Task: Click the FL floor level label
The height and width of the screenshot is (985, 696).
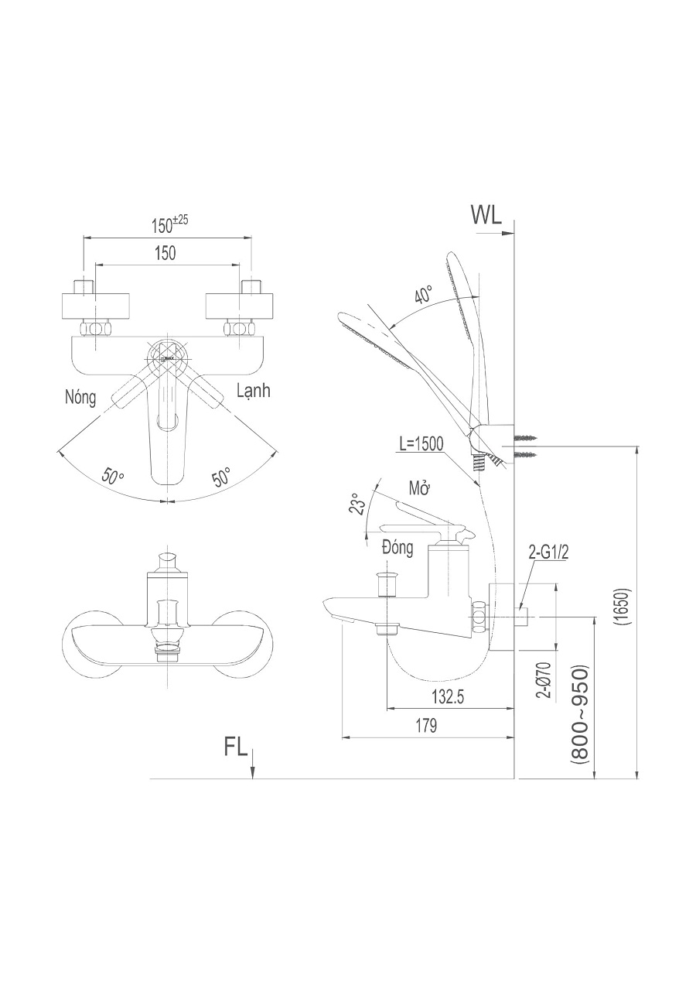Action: [236, 747]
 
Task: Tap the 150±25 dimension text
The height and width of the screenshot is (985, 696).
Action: [169, 224]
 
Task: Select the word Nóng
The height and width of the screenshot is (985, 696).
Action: [81, 398]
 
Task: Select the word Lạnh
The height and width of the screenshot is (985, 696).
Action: [253, 391]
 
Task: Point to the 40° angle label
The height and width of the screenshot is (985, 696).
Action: [424, 295]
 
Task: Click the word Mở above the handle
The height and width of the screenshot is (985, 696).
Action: [420, 489]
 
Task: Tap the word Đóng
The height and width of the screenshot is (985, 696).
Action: [397, 548]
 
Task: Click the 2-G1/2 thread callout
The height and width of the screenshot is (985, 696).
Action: [550, 551]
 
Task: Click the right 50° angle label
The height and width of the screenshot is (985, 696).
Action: [222, 477]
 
